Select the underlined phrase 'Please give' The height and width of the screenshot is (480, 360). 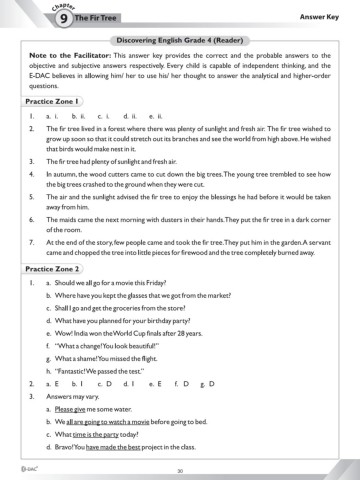72,411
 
